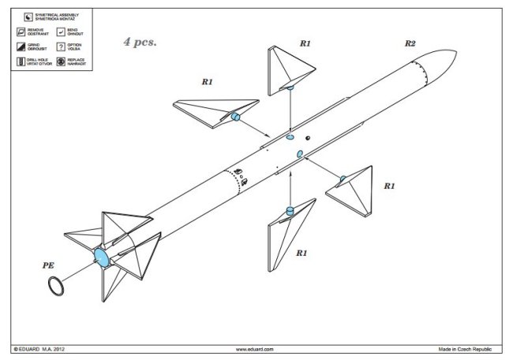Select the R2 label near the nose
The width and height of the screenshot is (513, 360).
410,44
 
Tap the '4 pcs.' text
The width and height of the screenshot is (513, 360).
140,42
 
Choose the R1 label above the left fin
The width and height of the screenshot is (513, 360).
208,81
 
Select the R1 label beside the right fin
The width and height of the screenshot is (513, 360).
389,186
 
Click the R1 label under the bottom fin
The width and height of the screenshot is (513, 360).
301,253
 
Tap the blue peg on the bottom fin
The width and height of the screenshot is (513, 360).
290,210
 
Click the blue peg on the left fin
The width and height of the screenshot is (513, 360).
235,118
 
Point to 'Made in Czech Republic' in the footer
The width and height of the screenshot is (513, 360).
470,349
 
